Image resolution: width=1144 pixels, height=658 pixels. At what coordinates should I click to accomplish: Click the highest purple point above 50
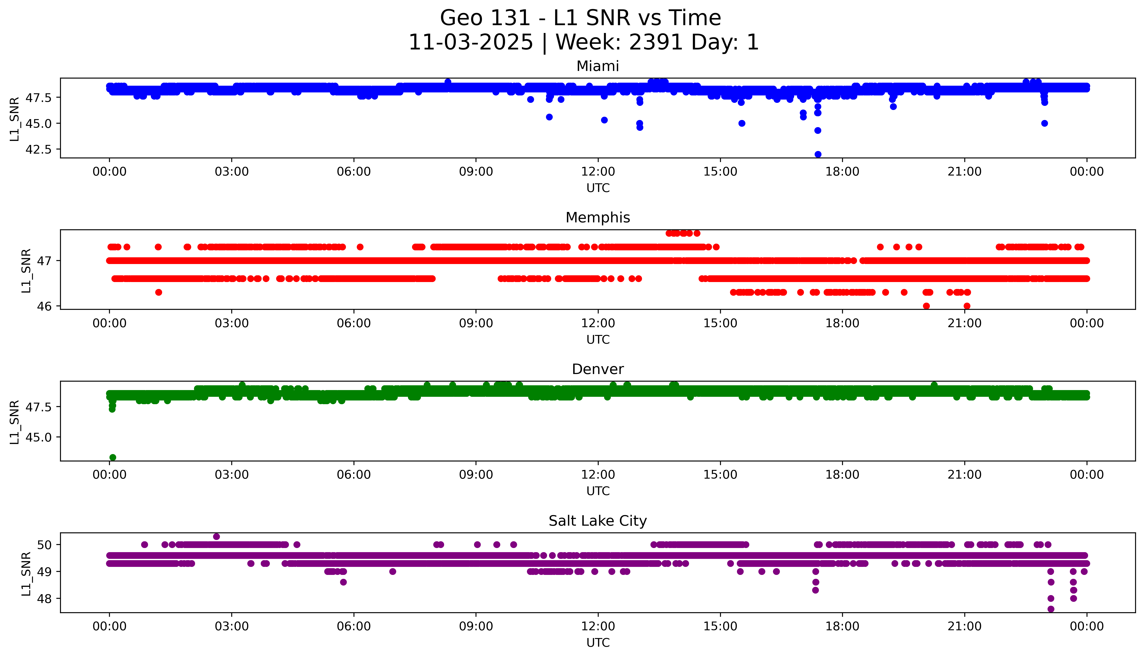[x=216, y=537]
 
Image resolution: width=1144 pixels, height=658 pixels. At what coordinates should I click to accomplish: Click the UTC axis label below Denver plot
[x=598, y=491]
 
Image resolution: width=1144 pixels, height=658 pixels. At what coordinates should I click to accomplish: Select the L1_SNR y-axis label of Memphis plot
[x=26, y=270]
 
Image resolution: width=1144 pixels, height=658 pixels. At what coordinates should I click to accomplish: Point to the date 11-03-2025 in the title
[x=470, y=43]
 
